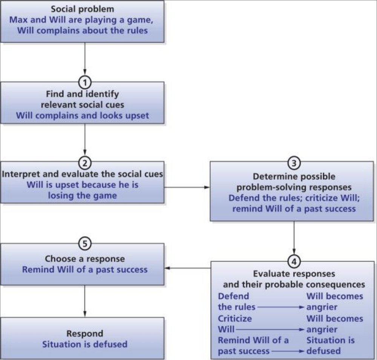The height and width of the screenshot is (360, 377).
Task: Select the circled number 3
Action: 294,162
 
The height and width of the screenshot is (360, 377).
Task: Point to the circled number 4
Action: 294,261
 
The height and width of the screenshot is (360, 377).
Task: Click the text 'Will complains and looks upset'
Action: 82,115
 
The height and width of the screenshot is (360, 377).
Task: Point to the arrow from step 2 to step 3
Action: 187,187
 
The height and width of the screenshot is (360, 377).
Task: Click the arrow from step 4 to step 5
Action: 187,268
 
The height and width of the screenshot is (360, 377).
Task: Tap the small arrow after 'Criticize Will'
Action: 270,329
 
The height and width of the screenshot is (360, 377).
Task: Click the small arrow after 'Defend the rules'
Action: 280,307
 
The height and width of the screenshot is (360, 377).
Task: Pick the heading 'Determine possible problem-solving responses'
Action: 294,182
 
